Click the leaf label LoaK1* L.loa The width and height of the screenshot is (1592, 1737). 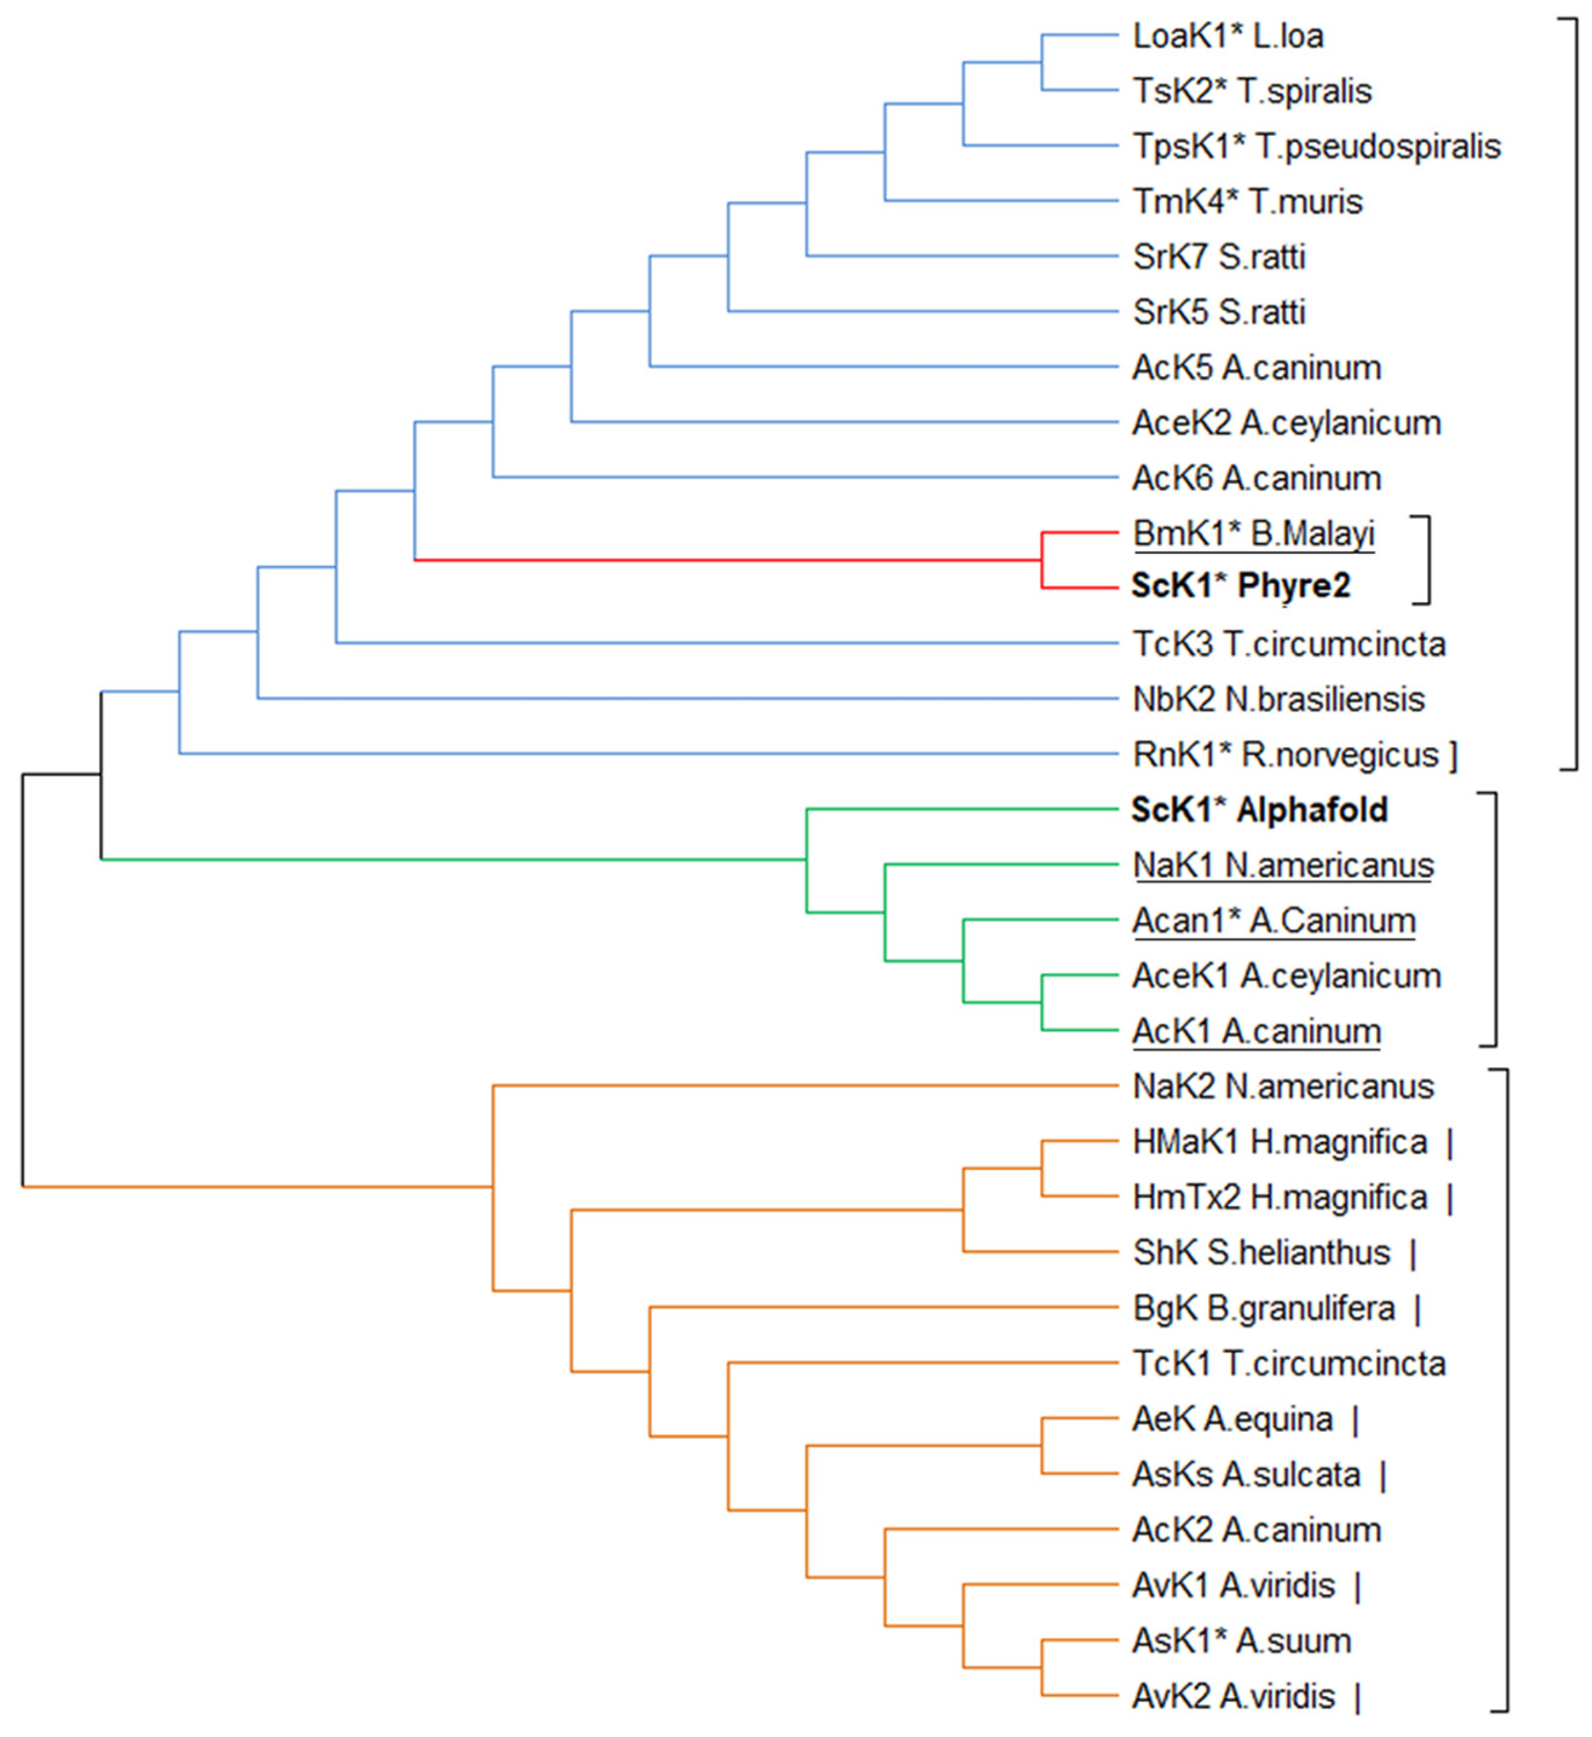click(x=1227, y=36)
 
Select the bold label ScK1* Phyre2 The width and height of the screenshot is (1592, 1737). click(x=1241, y=586)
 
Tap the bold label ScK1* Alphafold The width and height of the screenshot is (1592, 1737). click(x=1259, y=810)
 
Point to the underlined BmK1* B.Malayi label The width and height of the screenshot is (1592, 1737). click(x=1253, y=533)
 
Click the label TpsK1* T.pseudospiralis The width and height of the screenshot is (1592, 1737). click(x=1316, y=146)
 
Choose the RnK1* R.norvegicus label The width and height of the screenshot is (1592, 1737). click(x=1285, y=755)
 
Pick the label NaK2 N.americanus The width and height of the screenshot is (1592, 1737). click(x=1283, y=1086)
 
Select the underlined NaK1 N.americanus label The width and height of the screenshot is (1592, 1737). click(x=1283, y=865)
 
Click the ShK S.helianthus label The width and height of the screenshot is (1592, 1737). click(x=1261, y=1252)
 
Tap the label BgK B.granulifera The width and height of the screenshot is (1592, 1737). click(x=1264, y=1308)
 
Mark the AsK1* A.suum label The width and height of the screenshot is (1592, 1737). click(x=1241, y=1640)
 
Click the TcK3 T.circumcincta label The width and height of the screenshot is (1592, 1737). click(x=1288, y=644)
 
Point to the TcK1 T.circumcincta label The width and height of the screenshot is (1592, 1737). click(x=1288, y=1363)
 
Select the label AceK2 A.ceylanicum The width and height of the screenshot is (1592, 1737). click(x=1286, y=423)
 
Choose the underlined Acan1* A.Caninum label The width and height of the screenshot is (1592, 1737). click(x=1273, y=920)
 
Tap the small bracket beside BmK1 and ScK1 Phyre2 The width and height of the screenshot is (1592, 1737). click(x=1428, y=560)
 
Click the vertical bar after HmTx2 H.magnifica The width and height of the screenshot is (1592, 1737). click(x=1451, y=1198)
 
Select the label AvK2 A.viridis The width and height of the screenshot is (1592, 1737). click(x=1233, y=1696)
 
